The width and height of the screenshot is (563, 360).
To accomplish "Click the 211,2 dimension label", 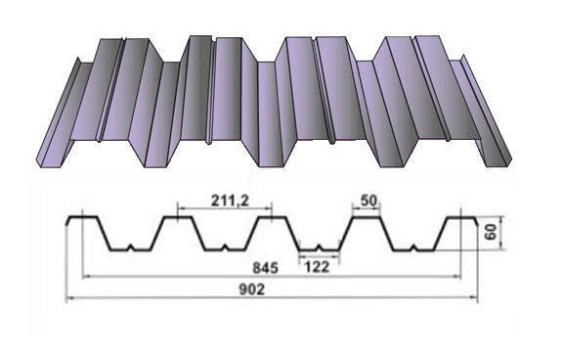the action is (230, 201).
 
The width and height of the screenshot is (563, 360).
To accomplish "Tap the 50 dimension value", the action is (369, 201).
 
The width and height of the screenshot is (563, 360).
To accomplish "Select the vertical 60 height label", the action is (490, 232).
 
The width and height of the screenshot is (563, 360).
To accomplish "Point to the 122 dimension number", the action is (317, 267).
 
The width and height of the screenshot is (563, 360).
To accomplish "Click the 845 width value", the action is (265, 268).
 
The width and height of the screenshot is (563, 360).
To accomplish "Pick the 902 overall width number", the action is (252, 290).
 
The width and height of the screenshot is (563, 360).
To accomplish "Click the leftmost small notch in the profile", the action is (131, 247).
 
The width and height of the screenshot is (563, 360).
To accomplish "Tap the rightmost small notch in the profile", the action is (414, 247).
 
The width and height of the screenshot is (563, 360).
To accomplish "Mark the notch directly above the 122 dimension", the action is (319, 247).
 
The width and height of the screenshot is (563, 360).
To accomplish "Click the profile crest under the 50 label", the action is (367, 217).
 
